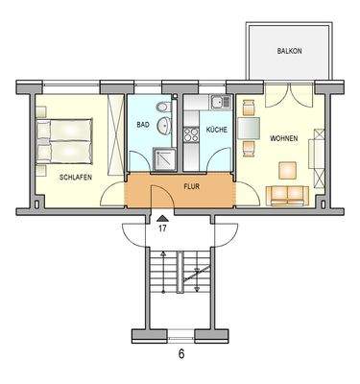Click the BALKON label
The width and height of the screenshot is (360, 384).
pyautogui.click(x=289, y=50)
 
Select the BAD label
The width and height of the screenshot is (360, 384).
pyautogui.click(x=142, y=126)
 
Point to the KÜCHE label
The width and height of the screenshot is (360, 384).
pyautogui.click(x=216, y=128)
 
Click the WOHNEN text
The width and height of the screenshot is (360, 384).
pyautogui.click(x=283, y=138)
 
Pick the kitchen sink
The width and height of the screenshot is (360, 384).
pyautogui.click(x=217, y=103)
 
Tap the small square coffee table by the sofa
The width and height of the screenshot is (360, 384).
pyautogui.click(x=287, y=170)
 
